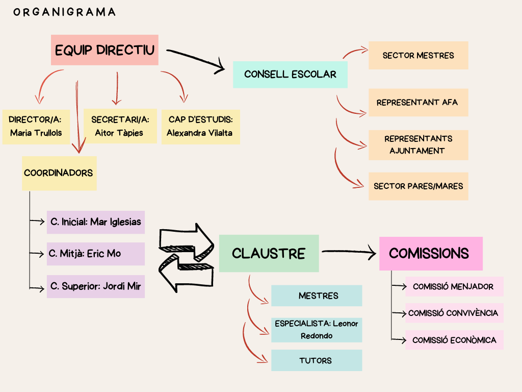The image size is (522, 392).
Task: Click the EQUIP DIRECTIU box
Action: (x=105, y=50)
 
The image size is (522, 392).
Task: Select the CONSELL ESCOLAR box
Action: (x=290, y=75)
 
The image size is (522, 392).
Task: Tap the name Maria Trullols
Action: (x=36, y=133)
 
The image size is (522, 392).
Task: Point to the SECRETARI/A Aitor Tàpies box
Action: (x=120, y=126)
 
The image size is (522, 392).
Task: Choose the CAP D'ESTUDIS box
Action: (x=200, y=126)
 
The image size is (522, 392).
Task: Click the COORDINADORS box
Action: (x=59, y=173)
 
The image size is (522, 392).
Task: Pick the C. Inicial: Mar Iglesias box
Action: (x=96, y=223)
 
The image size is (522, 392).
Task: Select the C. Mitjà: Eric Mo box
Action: (x=96, y=254)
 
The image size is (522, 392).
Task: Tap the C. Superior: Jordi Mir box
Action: (x=96, y=286)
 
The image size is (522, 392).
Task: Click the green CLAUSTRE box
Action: (x=269, y=253)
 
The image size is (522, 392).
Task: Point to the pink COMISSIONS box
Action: (x=430, y=253)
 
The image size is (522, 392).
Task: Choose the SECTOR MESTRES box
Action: (x=418, y=56)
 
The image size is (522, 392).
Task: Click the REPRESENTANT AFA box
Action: (x=418, y=103)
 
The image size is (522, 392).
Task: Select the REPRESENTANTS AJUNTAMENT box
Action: (x=418, y=144)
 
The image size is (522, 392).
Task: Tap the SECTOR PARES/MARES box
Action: (x=418, y=186)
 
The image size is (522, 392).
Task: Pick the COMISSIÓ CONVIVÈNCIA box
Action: (x=454, y=313)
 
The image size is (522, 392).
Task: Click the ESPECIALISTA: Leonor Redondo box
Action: (x=316, y=330)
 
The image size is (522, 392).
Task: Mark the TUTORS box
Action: (x=316, y=360)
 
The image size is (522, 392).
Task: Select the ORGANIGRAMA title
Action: (x=65, y=12)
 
